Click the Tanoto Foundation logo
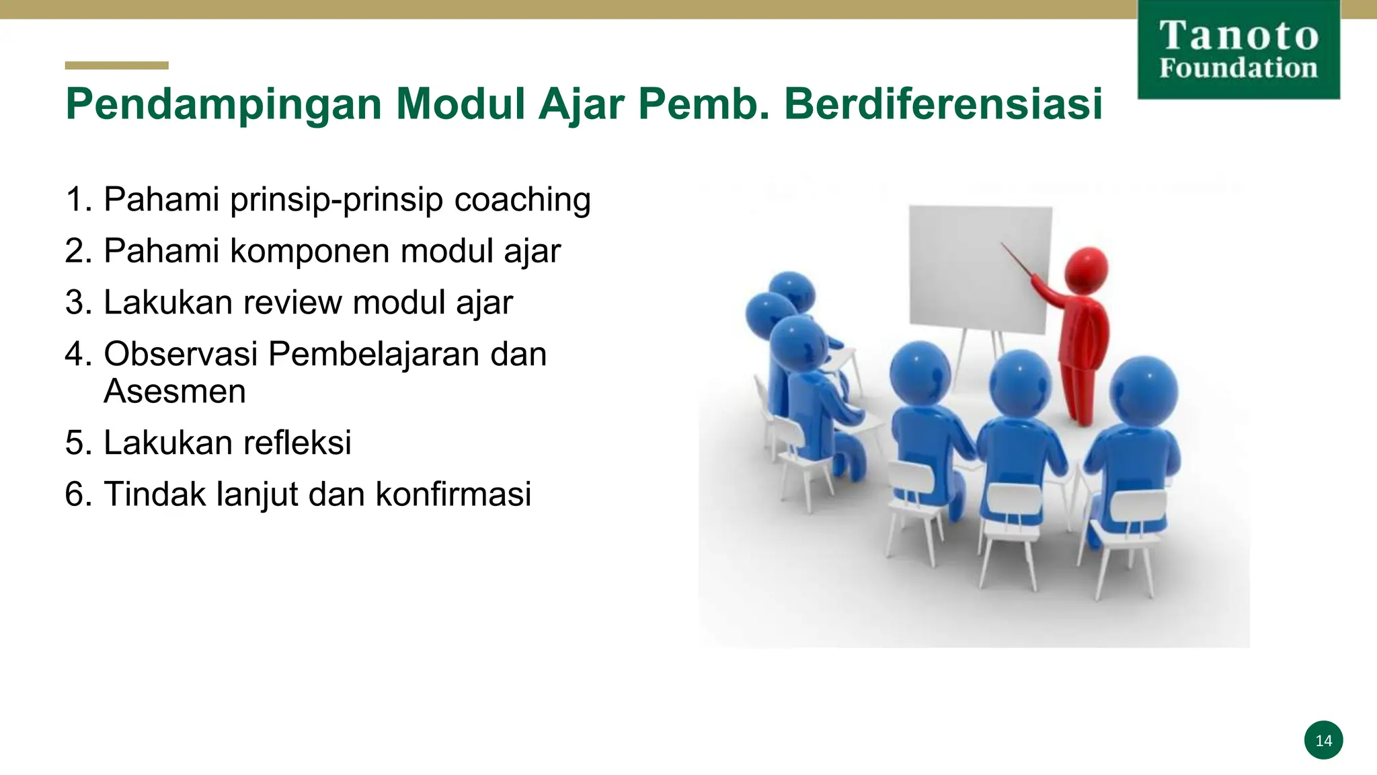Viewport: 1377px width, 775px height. tap(1238, 50)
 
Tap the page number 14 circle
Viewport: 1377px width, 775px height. tap(1323, 740)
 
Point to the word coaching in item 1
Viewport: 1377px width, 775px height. tap(522, 200)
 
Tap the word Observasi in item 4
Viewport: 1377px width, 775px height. tap(181, 354)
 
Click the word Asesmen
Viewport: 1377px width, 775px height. tap(175, 392)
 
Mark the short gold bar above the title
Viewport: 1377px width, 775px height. tap(116, 65)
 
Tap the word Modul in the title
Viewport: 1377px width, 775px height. tap(461, 105)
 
